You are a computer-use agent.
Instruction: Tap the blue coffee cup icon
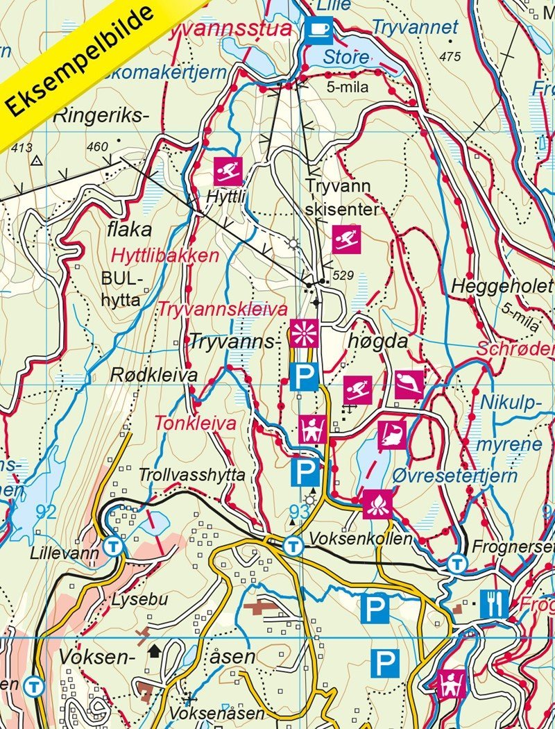tap(318, 29)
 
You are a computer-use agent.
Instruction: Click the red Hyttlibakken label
tap(172, 255)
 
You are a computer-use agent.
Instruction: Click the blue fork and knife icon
tap(494, 603)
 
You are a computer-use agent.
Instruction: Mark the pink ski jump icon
tap(409, 385)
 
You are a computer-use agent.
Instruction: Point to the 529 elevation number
tap(343, 276)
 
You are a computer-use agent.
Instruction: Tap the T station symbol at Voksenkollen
tap(294, 546)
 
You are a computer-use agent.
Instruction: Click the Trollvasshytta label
tap(192, 476)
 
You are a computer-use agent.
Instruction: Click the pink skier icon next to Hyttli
tap(228, 169)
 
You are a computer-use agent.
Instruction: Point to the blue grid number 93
tap(299, 512)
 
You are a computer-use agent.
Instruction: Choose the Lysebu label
tap(142, 599)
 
